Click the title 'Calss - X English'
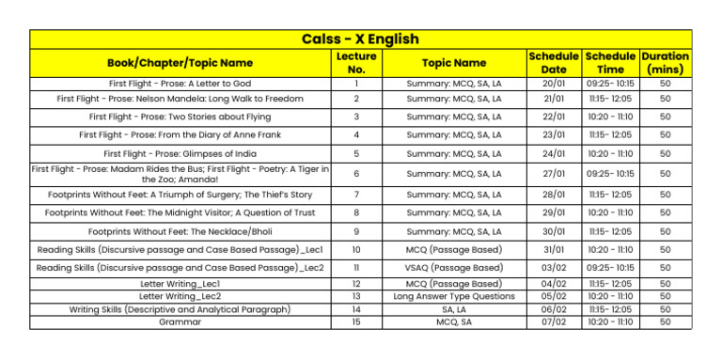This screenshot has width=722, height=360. (x=360, y=39)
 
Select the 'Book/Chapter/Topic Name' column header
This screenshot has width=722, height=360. (x=180, y=63)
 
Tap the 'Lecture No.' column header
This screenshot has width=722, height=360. (x=356, y=63)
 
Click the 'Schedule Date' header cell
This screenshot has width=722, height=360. (x=554, y=63)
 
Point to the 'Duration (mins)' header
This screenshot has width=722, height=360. (x=665, y=63)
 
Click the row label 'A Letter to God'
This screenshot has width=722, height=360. (x=180, y=84)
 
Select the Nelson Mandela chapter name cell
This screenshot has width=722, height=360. (x=180, y=99)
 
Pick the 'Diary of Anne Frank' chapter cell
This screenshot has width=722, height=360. (x=180, y=135)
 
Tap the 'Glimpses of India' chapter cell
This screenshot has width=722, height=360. (x=180, y=154)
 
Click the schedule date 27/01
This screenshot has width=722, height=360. (x=554, y=174)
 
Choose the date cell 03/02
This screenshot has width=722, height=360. (x=554, y=269)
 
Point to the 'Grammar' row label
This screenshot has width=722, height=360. (x=180, y=321)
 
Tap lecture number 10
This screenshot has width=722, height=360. (x=356, y=250)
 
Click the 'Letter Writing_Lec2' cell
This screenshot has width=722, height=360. (x=180, y=296)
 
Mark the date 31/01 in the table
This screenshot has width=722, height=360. (x=554, y=250)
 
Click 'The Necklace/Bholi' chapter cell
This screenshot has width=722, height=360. (x=180, y=231)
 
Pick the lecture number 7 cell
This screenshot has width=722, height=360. (x=356, y=195)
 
